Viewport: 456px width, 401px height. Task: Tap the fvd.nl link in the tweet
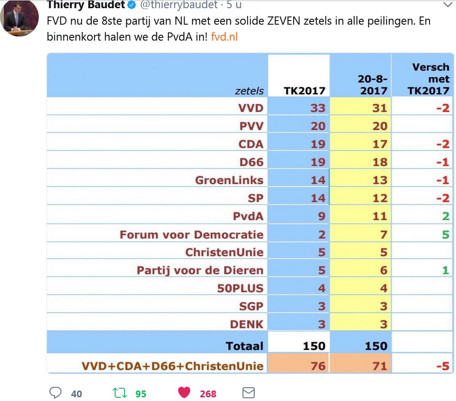224,37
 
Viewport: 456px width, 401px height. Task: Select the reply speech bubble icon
55,393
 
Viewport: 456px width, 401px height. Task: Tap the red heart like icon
184,393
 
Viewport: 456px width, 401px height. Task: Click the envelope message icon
248,393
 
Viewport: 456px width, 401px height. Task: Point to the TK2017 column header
305,90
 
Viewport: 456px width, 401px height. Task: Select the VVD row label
251,108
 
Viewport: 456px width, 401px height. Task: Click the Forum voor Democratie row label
192,235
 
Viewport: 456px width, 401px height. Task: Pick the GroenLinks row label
229,180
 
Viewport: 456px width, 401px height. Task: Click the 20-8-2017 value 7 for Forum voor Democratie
383,235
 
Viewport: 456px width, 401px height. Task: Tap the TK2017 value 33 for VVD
318,108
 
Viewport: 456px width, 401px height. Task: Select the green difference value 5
445,235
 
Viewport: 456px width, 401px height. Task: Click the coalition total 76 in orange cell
317,366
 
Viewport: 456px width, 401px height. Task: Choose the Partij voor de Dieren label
200,270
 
